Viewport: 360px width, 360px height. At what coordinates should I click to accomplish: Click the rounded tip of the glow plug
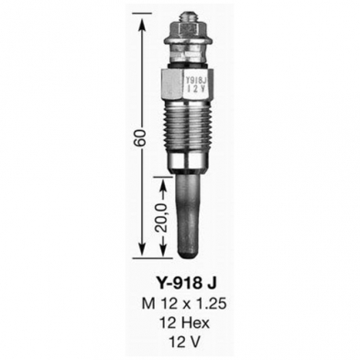point(189,254)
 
